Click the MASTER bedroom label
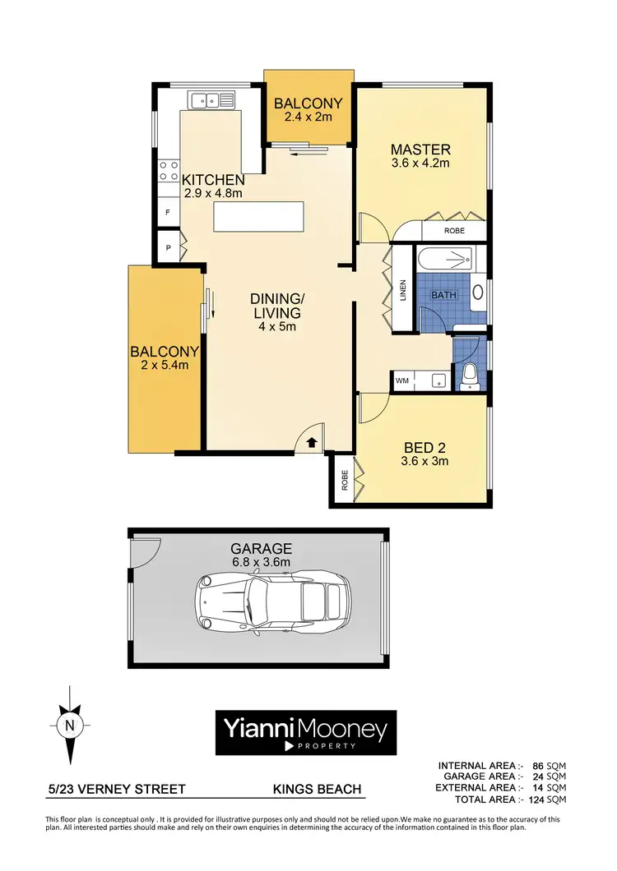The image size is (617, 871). pos(420,150)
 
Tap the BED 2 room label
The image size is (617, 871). pos(425,448)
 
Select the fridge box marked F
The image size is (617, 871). pos(168,211)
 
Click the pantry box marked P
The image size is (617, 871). pos(168,247)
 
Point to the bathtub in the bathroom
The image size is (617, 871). pos(445,261)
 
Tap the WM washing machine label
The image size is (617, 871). pos(402,381)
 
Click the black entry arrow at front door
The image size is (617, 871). pos(311,442)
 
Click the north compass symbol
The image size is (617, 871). pos(70,725)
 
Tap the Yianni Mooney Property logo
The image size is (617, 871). pos(306,732)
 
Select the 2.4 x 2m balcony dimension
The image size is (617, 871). pos(303,118)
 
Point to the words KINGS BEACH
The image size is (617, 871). pos(317,790)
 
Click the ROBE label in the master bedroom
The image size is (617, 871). pos(454,232)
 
